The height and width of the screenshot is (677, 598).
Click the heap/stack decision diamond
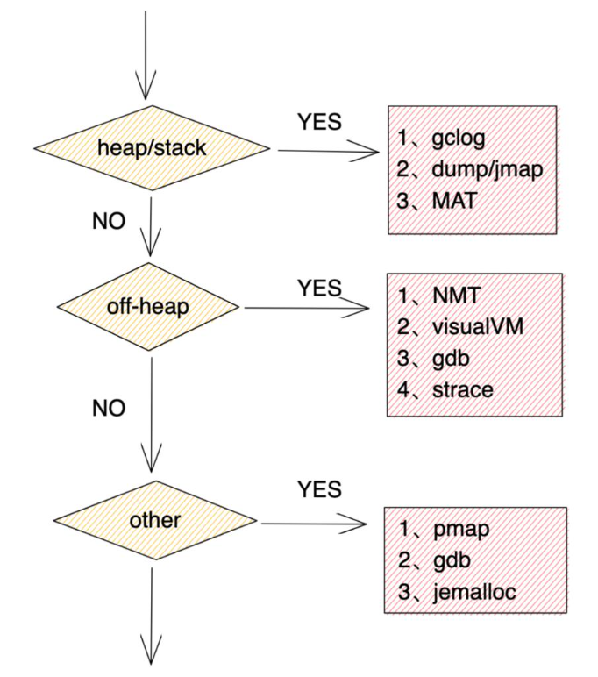(152, 148)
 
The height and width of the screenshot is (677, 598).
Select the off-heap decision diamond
(148, 307)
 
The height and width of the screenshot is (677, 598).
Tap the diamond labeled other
(155, 520)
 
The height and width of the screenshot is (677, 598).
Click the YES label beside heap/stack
(319, 122)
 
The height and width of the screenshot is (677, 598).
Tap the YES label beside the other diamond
(319, 489)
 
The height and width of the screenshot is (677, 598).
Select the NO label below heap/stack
(109, 221)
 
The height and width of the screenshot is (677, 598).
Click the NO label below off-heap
(109, 408)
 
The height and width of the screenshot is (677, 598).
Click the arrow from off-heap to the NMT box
(307, 308)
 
